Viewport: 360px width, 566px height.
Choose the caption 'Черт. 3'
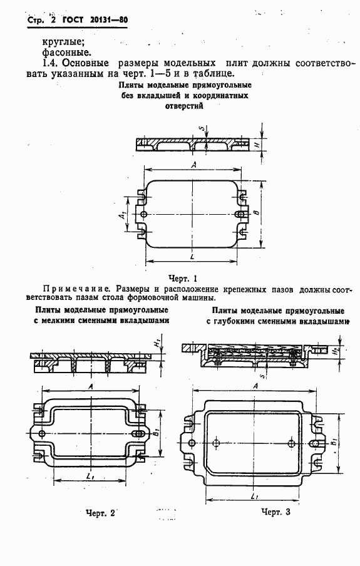coord(276,512)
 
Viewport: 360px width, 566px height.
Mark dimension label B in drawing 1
coord(256,214)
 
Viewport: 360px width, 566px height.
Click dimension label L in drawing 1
coord(190,257)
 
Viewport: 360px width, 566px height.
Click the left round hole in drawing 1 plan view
coord(145,215)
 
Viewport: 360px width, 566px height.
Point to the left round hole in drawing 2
coord(42,434)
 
